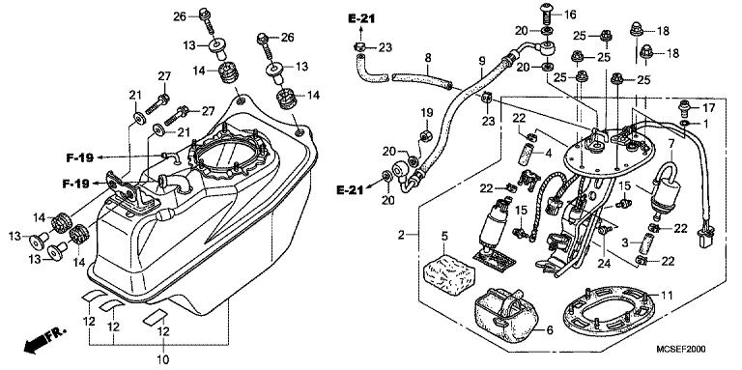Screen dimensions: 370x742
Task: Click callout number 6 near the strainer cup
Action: [551, 330]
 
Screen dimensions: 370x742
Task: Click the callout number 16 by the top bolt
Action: [596, 15]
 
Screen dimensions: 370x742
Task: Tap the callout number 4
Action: [547, 152]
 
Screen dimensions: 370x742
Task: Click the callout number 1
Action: [706, 124]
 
